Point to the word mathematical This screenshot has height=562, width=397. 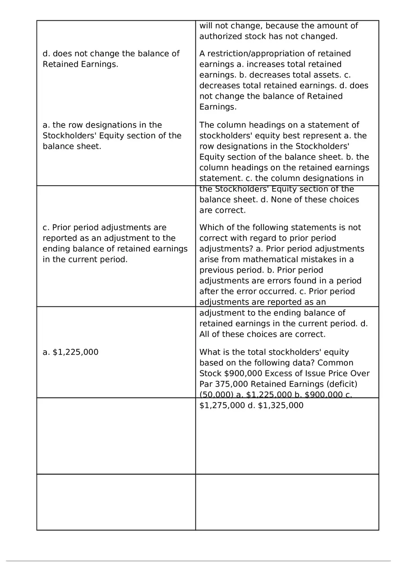click(270, 260)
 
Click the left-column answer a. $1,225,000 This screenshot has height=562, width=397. click(70, 352)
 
